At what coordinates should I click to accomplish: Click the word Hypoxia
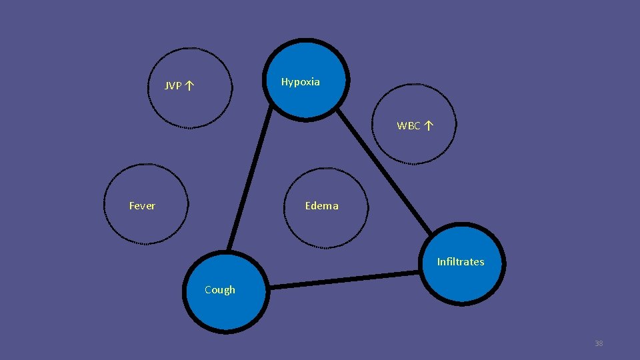(x=300, y=82)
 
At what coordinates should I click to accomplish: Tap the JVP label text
(x=173, y=86)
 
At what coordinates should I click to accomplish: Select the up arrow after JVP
(x=190, y=85)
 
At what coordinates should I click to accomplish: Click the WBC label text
(x=409, y=126)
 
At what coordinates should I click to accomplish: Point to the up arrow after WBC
(x=429, y=125)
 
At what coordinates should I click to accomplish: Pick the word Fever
(x=142, y=206)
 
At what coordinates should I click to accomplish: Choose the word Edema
(x=321, y=206)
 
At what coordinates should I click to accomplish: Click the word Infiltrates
(x=460, y=262)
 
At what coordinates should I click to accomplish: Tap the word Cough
(x=220, y=290)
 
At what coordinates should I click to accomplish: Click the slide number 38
(x=598, y=343)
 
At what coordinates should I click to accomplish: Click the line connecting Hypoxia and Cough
(x=250, y=180)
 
